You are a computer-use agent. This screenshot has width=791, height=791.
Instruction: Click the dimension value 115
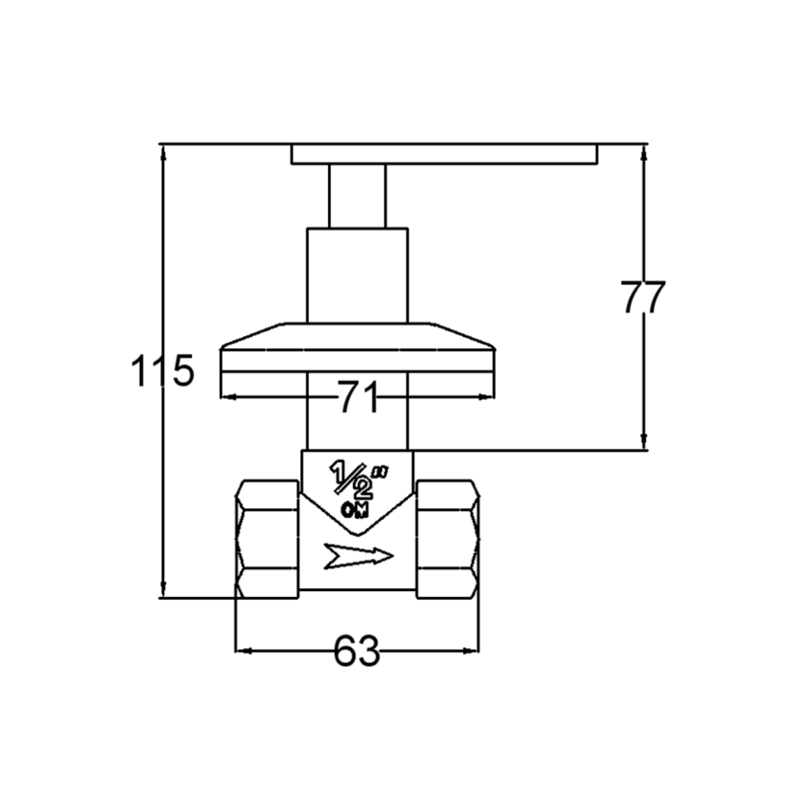(x=163, y=371)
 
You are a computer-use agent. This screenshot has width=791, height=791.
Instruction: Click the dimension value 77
(x=643, y=297)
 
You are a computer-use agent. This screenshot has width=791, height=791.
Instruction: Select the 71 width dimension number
(x=357, y=397)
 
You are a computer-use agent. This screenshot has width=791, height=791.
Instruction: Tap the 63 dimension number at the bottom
(x=357, y=650)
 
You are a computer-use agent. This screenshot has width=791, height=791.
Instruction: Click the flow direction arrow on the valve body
(x=358, y=556)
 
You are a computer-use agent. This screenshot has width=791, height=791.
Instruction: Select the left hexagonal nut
(x=267, y=539)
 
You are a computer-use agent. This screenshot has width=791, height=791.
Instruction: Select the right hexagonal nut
(x=448, y=539)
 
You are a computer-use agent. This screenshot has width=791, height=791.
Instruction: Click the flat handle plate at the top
(x=444, y=154)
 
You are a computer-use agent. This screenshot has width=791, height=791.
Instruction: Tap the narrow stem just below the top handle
(x=357, y=196)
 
